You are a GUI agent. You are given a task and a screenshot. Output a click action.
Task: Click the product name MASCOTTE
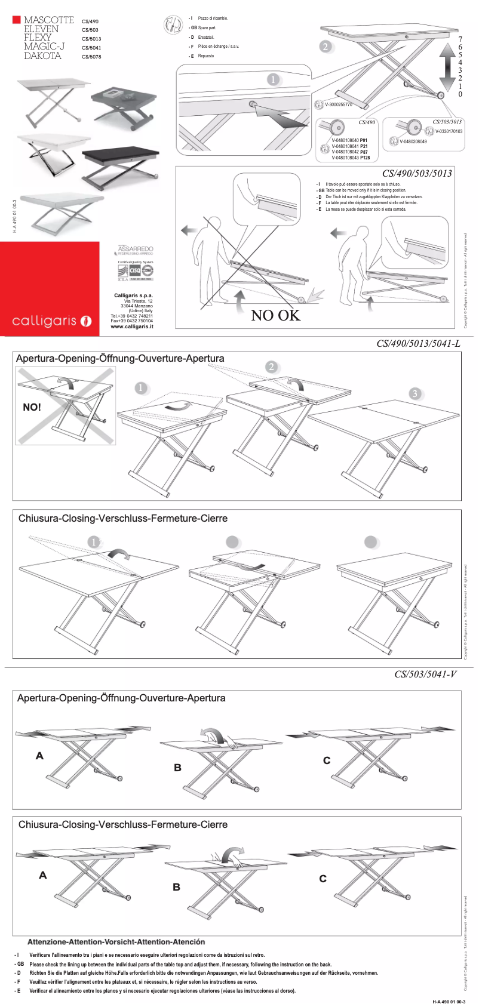tap(48, 20)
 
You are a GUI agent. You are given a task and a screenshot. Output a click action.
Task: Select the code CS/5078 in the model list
tap(91, 57)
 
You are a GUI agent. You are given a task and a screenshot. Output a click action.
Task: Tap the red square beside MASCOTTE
tap(17, 20)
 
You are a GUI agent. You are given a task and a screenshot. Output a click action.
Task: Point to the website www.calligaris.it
tap(132, 327)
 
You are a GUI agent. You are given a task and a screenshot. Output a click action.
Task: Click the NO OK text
tap(275, 315)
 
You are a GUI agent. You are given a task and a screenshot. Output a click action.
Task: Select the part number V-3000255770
tap(338, 105)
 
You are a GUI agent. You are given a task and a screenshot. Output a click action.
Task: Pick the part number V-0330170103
tap(449, 131)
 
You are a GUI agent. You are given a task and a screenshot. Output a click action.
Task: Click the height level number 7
tap(460, 38)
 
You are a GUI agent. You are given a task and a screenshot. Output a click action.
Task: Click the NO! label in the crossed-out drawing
tap(32, 407)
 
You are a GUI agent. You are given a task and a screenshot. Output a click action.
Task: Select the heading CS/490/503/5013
tap(417, 174)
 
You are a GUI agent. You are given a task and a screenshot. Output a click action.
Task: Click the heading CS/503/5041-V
tap(425, 675)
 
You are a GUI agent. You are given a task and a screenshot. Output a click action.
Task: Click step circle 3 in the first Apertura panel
tap(415, 393)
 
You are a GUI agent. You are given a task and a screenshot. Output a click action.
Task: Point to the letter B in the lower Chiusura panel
tap(176, 887)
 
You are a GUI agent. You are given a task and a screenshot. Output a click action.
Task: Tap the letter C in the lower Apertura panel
tap(327, 760)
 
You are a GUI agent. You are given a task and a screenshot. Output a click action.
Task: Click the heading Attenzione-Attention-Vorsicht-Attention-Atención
tap(116, 942)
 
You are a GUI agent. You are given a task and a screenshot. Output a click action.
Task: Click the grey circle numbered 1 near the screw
tap(273, 79)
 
